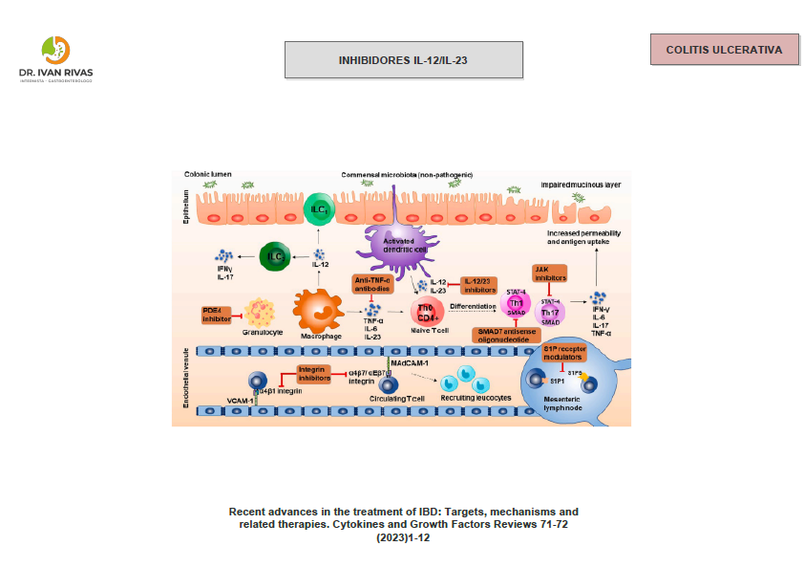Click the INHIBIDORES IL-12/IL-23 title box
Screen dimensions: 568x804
(403, 59)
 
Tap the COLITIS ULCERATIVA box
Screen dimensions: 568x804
(724, 49)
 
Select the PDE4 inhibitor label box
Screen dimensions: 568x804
(217, 314)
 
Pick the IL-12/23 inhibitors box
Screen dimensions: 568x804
(480, 285)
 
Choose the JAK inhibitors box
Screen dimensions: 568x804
(550, 273)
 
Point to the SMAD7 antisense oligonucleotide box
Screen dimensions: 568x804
(508, 335)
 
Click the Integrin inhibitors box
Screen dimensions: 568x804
(313, 373)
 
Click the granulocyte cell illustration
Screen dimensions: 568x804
(264, 312)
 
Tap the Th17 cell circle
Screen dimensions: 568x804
(551, 312)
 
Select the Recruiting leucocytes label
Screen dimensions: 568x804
(475, 397)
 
